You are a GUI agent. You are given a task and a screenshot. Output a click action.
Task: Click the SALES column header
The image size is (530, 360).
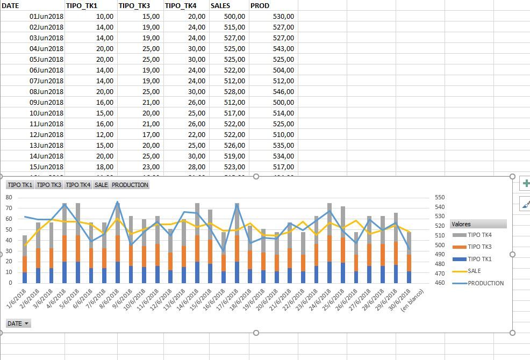point(221,6)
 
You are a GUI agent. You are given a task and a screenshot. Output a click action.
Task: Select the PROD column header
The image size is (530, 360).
point(260,6)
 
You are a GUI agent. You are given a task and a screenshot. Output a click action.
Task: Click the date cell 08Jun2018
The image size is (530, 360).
point(47,92)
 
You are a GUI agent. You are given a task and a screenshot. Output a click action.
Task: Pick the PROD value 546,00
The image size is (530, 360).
point(283,92)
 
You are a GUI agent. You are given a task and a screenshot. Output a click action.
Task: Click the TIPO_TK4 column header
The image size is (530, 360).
point(181,6)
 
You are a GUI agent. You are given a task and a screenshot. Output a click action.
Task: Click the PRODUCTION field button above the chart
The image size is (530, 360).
point(130,185)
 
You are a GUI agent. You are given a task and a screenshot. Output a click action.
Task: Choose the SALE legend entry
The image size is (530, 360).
point(474,271)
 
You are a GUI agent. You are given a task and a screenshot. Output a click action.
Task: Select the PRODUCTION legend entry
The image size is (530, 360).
point(485,283)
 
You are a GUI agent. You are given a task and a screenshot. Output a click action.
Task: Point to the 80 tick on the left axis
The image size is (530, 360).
point(9,197)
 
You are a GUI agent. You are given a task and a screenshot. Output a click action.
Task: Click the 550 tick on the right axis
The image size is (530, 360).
point(440,197)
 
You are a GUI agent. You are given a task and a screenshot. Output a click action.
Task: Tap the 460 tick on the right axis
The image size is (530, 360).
point(440,283)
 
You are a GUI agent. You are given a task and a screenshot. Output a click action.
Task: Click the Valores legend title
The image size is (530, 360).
point(462,224)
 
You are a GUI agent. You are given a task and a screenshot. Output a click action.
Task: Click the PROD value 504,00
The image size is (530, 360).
point(283,70)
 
